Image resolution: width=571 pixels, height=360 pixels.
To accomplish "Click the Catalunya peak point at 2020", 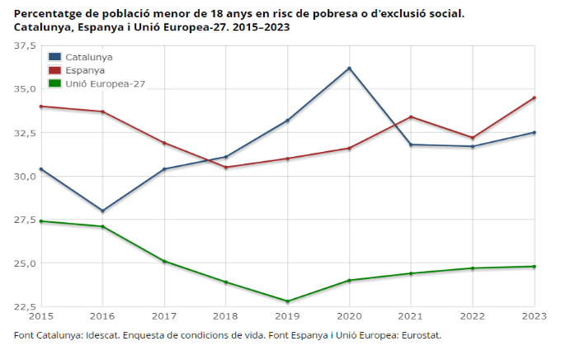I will point(349,68).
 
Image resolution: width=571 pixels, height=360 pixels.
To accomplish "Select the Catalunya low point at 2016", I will point(102,211).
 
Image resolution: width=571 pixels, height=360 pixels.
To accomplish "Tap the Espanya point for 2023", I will point(535,97).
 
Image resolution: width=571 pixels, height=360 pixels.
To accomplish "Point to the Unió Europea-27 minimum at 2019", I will point(288,301).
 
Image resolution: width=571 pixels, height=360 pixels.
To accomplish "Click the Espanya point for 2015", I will point(41,107).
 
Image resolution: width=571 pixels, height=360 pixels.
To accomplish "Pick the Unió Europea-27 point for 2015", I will point(41,221).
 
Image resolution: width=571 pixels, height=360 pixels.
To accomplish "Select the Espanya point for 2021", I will point(411,116).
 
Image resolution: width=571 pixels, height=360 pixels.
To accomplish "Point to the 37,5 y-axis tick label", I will point(25,45).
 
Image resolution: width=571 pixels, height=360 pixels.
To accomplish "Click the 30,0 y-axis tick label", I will point(25,176).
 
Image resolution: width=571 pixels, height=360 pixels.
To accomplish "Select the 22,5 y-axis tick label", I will point(25,307).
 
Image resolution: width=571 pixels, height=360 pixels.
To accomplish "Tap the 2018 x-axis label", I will point(226,315).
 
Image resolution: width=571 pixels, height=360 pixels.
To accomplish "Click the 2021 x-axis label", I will point(411,315).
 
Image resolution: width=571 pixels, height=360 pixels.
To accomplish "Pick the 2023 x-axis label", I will point(535,315).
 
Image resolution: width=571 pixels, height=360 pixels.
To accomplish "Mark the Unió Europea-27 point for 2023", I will point(535,266).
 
